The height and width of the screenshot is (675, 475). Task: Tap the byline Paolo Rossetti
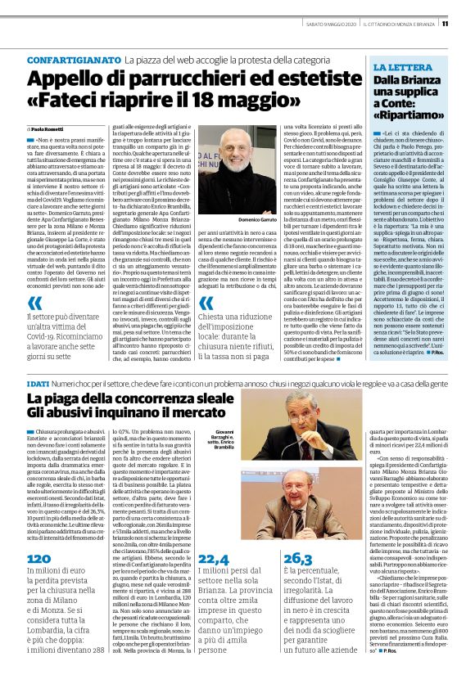52,130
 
